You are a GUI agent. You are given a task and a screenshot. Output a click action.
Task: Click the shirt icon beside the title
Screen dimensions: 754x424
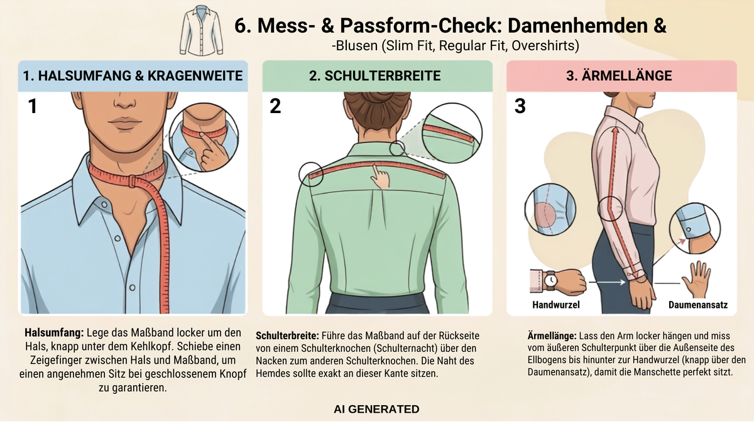[201, 30]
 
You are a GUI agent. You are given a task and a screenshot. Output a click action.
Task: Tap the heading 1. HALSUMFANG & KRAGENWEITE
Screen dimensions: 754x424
[133, 76]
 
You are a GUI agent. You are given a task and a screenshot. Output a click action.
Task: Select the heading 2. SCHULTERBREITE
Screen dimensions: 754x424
[375, 76]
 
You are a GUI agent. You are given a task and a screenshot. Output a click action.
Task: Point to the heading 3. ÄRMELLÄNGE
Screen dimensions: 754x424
[619, 76]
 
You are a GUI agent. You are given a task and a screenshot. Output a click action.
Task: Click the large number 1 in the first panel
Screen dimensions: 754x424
[33, 106]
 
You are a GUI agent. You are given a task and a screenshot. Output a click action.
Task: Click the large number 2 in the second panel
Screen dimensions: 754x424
[275, 106]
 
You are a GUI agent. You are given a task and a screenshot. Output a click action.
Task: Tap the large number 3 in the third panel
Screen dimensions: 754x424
[520, 106]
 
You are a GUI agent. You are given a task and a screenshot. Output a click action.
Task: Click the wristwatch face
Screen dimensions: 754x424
[550, 280]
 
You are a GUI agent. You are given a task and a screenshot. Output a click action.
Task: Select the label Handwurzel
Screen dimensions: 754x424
[556, 305]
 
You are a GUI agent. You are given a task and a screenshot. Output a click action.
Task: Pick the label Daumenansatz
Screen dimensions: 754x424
[698, 305]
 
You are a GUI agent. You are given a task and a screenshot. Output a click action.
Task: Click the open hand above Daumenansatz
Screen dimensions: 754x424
[697, 280]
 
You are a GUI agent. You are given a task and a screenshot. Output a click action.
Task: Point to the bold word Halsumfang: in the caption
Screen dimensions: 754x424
[54, 333]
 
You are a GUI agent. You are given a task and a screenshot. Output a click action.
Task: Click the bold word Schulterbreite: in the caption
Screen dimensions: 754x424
[287, 336]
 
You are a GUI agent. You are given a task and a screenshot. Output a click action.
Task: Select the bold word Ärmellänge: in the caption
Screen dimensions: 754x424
[552, 336]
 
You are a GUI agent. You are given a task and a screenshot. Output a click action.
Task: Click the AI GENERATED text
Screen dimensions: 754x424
[376, 409]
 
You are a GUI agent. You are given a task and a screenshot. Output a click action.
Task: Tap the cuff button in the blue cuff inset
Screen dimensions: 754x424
[689, 230]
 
